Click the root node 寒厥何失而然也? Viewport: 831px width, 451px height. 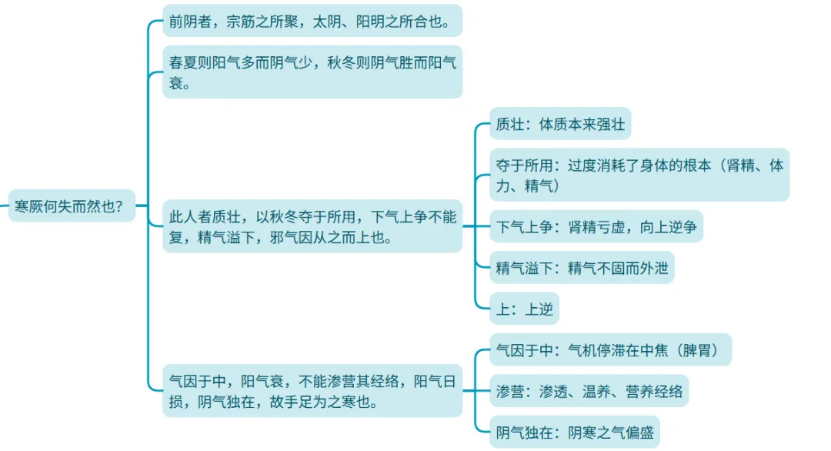point(71,205)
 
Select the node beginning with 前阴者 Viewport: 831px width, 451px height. point(312,21)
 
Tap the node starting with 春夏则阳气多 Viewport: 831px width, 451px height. point(312,72)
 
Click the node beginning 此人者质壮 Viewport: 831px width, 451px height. point(312,226)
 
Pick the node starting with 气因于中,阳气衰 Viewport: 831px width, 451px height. point(312,390)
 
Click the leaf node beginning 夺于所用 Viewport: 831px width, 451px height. point(639,175)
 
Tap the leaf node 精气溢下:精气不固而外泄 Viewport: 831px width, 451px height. point(582,267)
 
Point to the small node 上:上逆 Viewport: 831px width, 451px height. point(524,309)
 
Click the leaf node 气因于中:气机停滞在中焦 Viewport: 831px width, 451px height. point(610,350)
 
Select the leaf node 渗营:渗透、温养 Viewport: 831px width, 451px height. point(589,391)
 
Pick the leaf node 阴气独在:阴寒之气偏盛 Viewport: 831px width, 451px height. point(575,432)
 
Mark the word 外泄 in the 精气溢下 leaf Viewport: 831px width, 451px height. point(653,267)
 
